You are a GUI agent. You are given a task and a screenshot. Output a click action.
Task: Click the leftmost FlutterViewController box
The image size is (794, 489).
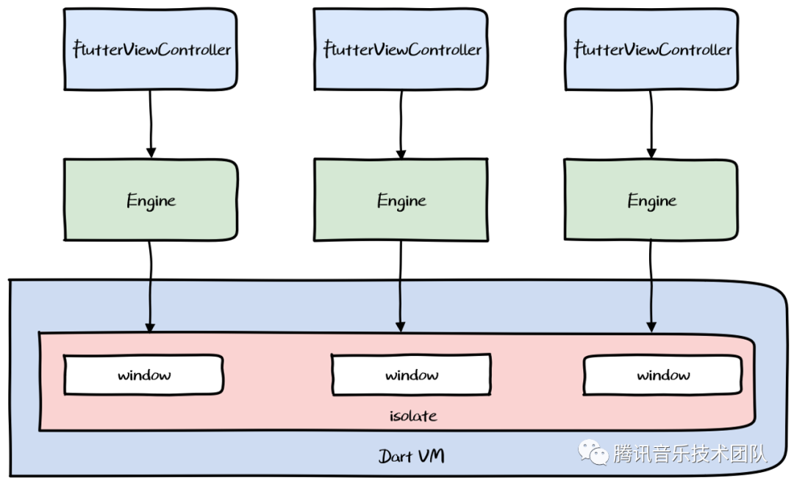point(151,49)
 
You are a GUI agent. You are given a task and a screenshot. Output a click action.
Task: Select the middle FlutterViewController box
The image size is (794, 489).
point(401,49)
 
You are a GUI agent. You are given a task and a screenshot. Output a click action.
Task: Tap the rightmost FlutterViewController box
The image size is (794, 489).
point(651,49)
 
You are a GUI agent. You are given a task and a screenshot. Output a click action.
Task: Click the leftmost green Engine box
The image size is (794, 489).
point(151,200)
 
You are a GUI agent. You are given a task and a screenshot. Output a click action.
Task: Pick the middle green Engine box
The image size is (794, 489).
point(401,200)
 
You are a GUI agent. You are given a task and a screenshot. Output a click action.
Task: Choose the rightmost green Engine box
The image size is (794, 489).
point(651,200)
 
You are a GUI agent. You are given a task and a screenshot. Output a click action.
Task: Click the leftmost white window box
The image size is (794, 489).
point(144,374)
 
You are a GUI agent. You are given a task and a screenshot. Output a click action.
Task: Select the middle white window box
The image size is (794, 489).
point(411,374)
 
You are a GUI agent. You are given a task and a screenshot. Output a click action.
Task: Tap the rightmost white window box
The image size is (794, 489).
point(663,374)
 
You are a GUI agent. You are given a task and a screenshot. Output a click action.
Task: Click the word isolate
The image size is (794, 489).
point(413,416)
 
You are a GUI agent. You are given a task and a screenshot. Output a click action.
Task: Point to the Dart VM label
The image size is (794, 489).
point(411,456)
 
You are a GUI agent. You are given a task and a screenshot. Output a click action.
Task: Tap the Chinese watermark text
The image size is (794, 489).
point(690,453)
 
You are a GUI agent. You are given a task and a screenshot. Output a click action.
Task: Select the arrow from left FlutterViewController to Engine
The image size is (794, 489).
point(151,124)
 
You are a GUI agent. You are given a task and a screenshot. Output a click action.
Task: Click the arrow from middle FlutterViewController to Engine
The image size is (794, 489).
point(401,125)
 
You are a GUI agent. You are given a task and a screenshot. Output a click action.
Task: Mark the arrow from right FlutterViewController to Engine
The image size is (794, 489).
point(651,124)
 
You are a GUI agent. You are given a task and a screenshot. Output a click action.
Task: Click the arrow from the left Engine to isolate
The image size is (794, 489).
point(150,286)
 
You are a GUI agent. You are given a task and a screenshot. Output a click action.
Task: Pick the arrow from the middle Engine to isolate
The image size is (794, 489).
point(401,286)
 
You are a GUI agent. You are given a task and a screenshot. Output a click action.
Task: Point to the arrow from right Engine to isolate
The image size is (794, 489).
point(651,286)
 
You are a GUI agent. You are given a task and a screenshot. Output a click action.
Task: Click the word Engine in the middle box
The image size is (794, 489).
point(401,201)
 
